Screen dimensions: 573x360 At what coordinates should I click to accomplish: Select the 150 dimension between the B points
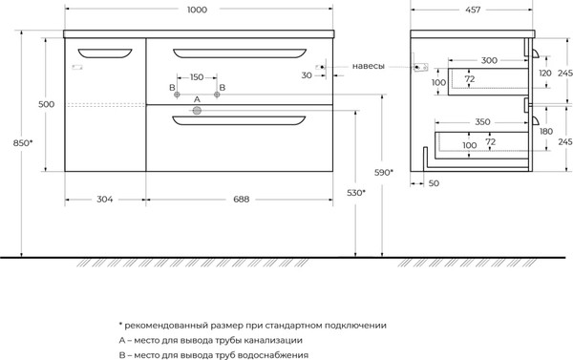pyautogui.click(x=197, y=76)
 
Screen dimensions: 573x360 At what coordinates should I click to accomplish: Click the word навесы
pyautogui.click(x=369, y=67)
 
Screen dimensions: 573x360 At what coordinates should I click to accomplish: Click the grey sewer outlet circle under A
pyautogui.click(x=197, y=111)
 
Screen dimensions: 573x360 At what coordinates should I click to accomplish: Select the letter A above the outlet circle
pyautogui.click(x=197, y=99)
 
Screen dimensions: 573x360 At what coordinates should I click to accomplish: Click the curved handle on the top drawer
pyautogui.click(x=239, y=53)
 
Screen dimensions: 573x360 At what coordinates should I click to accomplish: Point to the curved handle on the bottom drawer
pyautogui.click(x=239, y=120)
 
